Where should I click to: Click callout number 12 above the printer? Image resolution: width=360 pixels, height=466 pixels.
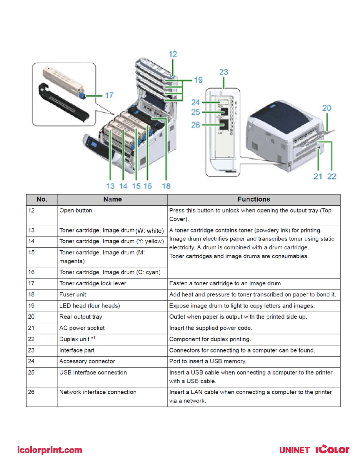click(x=173, y=54)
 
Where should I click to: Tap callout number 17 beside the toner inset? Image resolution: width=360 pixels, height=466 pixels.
click(x=109, y=95)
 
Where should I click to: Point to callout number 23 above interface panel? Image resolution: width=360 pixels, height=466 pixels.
click(x=224, y=72)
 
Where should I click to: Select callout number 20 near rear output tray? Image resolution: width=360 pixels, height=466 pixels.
click(x=326, y=108)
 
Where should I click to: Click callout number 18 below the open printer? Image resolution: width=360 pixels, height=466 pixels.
click(x=166, y=186)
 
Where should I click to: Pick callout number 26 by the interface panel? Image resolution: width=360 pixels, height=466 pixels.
click(x=196, y=125)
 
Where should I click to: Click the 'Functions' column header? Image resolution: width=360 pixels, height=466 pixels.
click(x=254, y=199)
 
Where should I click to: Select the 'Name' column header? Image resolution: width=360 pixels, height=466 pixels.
click(x=112, y=199)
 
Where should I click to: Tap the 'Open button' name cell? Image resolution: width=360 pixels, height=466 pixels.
click(x=76, y=211)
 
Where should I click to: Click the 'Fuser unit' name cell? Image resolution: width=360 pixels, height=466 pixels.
click(x=73, y=294)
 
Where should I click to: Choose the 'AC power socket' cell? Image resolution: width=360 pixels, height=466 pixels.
click(x=82, y=328)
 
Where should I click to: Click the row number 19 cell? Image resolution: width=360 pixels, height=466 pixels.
click(x=31, y=306)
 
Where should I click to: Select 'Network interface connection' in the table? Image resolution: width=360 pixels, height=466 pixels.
click(x=98, y=392)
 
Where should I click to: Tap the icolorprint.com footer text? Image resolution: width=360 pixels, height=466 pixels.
click(x=49, y=450)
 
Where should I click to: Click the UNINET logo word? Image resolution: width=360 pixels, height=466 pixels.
click(x=294, y=450)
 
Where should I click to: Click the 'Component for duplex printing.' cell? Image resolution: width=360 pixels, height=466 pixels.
click(x=210, y=339)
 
